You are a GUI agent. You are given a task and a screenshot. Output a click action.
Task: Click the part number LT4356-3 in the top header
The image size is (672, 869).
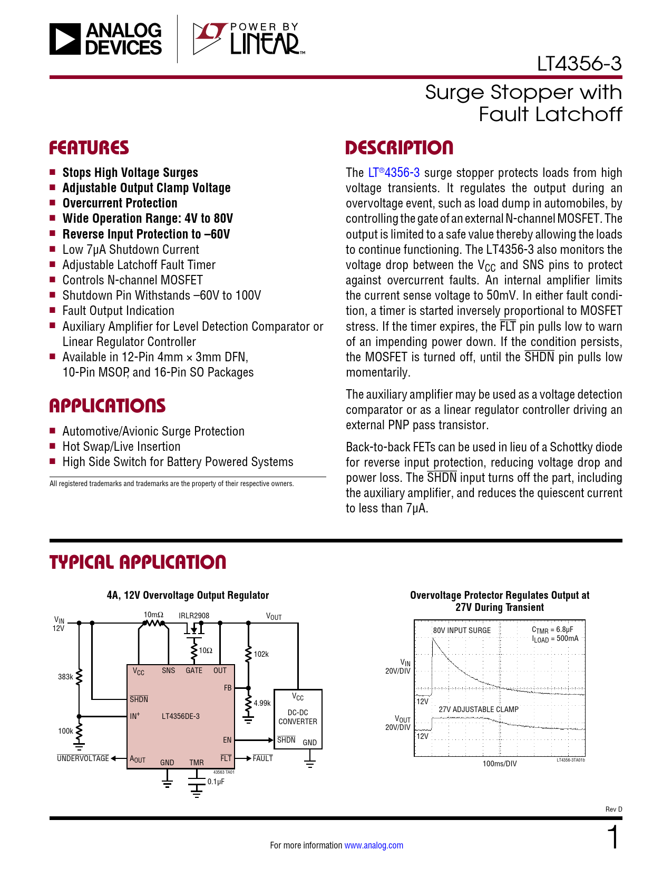click(579, 64)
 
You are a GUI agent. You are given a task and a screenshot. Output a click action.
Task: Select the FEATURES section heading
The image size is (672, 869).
click(89, 148)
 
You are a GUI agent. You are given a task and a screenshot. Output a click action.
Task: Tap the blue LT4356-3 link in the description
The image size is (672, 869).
click(394, 173)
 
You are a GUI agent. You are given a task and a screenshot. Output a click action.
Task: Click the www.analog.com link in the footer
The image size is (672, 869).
click(374, 845)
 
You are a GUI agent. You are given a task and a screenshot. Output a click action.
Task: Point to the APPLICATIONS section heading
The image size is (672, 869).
click(108, 406)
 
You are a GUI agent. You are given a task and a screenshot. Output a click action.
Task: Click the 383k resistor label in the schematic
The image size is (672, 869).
click(65, 677)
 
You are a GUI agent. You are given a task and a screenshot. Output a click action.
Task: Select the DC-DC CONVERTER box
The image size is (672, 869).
click(298, 718)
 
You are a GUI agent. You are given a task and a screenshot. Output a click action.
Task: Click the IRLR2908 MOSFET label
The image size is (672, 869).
click(194, 615)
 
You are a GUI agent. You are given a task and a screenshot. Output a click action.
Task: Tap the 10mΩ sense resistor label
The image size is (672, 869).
click(153, 615)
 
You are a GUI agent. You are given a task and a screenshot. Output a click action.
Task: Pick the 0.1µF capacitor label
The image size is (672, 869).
click(216, 782)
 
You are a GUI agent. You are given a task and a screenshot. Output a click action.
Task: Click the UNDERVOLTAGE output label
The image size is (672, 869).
click(83, 758)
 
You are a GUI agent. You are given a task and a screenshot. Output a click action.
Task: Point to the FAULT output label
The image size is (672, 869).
click(262, 758)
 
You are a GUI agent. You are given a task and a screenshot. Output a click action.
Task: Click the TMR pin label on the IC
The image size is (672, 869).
click(197, 762)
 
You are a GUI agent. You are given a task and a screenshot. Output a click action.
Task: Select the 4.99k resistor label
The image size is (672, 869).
click(262, 703)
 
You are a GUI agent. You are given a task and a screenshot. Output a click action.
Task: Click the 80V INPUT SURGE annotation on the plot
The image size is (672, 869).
click(462, 630)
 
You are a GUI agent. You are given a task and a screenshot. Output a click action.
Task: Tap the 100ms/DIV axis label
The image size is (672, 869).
click(500, 764)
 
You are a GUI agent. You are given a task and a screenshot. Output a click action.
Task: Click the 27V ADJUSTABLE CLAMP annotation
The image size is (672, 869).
click(479, 709)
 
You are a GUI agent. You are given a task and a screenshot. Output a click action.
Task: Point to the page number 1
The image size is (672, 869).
click(613, 838)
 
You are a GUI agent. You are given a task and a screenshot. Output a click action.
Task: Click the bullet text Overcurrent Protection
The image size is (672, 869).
click(120, 203)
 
